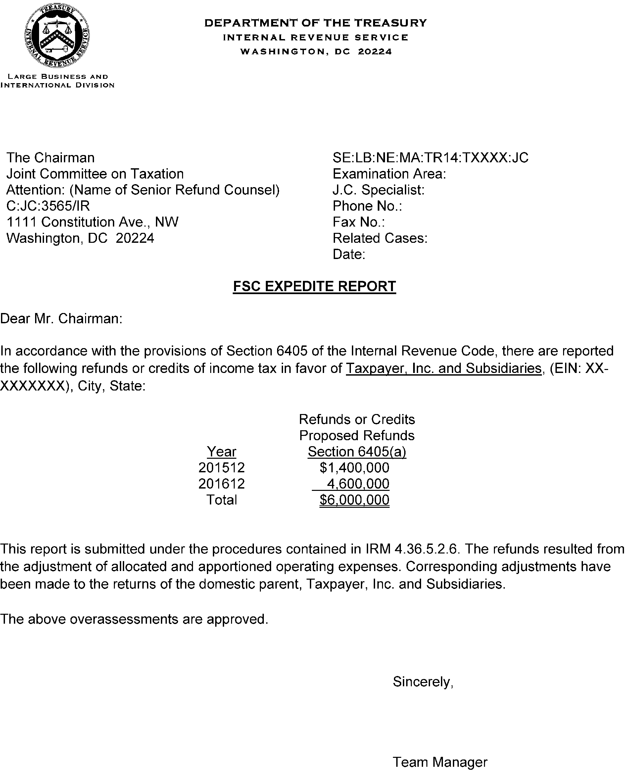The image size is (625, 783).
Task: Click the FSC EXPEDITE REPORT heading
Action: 314,286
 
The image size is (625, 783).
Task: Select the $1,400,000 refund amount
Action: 354,467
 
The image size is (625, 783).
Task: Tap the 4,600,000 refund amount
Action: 358,484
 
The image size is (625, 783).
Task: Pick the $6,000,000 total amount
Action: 354,500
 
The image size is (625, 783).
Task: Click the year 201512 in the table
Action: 221,467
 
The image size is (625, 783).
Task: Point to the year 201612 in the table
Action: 221,484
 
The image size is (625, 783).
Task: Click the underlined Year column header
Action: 221,451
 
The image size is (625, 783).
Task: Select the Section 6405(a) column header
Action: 357,451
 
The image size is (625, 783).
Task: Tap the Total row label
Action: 221,500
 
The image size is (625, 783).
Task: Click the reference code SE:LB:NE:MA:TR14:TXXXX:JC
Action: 430,158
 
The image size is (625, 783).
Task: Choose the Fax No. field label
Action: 359,222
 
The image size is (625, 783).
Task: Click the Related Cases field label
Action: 380,238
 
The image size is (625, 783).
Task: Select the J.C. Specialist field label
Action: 378,190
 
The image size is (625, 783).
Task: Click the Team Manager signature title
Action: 440,762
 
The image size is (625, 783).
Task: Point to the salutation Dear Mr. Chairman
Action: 61,319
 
